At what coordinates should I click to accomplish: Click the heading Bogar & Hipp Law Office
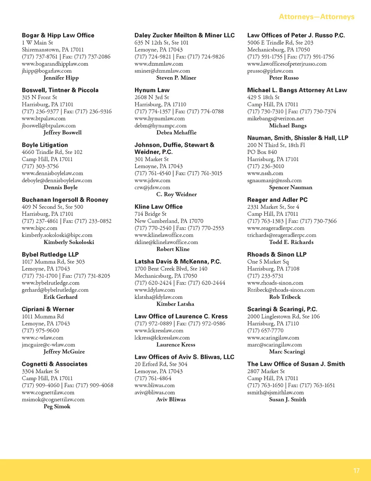[58, 35]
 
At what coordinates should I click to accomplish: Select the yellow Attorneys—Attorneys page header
[317, 17]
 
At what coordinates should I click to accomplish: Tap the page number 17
[357, 470]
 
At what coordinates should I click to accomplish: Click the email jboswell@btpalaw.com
[49, 126]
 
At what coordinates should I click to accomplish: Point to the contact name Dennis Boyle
[61, 187]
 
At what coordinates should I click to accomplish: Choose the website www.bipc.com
[39, 228]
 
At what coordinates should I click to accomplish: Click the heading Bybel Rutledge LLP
[50, 254]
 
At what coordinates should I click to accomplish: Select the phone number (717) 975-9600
[40, 330]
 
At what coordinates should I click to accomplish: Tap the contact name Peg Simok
[57, 406]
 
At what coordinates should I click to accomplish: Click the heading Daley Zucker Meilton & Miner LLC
[184, 35]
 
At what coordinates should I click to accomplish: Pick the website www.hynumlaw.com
[159, 118]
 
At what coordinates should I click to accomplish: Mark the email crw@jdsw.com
[152, 187]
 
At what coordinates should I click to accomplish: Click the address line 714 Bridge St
[150, 214]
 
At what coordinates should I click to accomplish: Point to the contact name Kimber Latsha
[175, 304]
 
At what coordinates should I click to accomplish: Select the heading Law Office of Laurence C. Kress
[181, 316]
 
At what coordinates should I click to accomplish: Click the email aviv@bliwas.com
[155, 392]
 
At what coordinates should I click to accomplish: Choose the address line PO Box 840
[262, 152]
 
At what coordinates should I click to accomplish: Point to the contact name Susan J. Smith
[287, 399]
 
